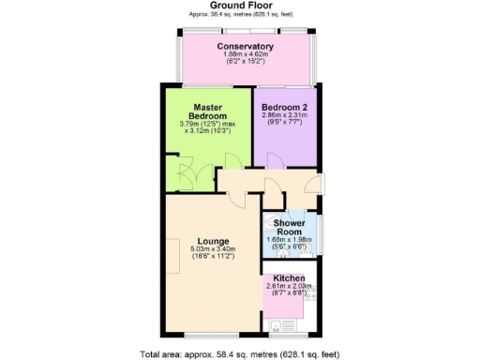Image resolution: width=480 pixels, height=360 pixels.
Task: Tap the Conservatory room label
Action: (x=245, y=46)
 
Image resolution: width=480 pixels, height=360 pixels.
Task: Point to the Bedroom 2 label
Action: (x=285, y=107)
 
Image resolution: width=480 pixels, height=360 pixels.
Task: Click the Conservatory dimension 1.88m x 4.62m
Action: (x=245, y=55)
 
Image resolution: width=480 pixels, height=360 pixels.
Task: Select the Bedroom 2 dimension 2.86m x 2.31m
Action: (x=285, y=117)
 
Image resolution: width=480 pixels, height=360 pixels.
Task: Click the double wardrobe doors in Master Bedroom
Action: (x=177, y=177)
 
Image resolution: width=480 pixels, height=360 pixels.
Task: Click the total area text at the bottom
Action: (x=241, y=353)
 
